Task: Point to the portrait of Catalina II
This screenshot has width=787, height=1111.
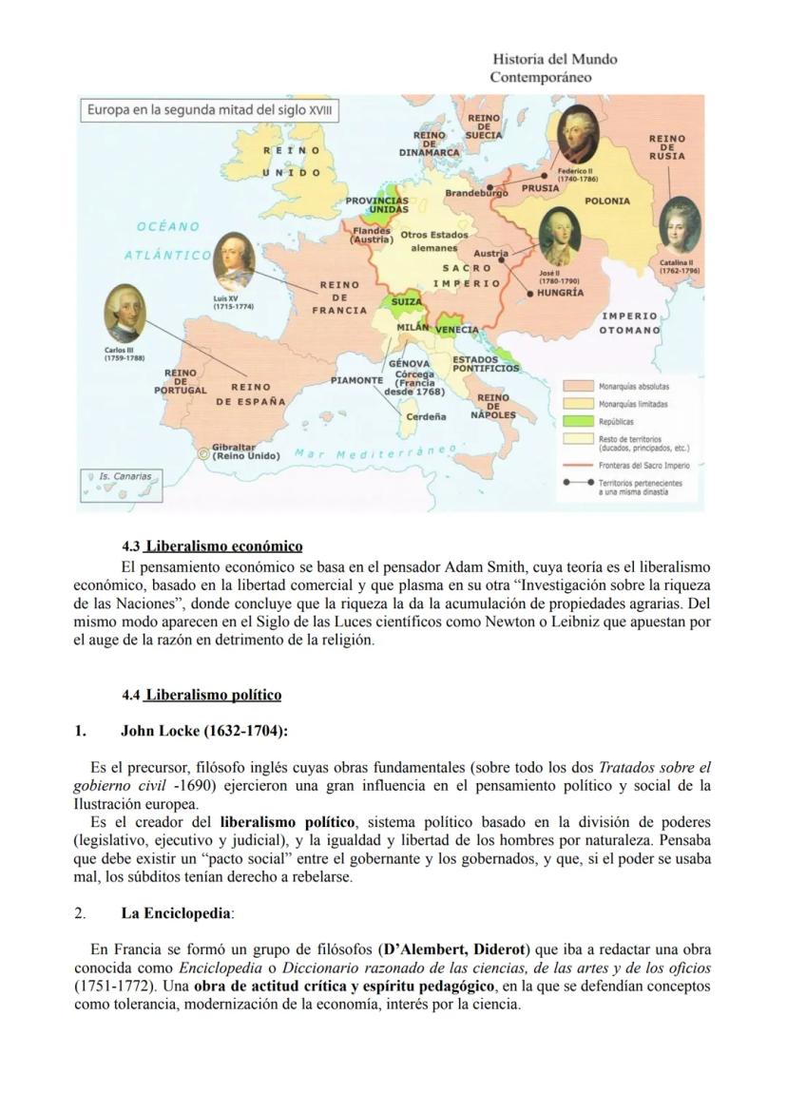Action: (680, 226)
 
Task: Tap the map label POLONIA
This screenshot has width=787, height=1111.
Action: (607, 201)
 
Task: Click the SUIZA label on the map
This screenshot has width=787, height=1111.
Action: (407, 301)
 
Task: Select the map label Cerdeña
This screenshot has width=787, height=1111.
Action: (427, 416)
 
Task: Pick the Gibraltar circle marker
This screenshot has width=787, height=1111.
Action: (202, 453)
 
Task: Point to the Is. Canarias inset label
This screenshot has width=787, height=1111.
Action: (125, 475)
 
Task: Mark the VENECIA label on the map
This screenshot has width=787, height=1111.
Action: (456, 330)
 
